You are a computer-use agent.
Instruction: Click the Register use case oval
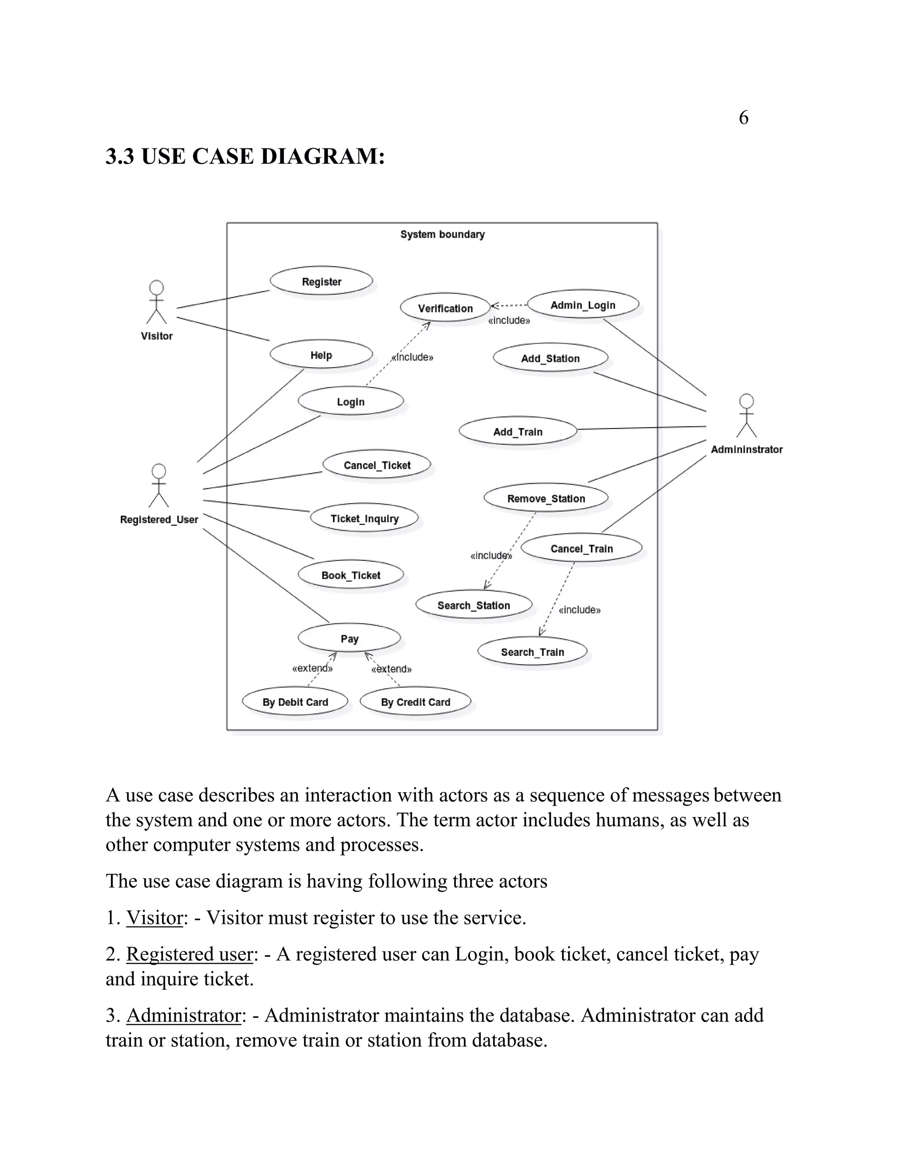point(321,281)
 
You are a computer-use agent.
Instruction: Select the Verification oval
point(445,308)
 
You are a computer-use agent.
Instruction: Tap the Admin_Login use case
point(583,304)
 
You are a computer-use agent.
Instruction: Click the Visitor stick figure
point(156,303)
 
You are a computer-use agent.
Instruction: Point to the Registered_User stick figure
point(159,486)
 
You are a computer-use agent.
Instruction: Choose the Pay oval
point(349,638)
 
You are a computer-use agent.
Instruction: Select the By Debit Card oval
point(295,702)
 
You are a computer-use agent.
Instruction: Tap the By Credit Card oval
point(415,702)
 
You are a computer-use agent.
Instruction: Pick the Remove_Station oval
point(546,498)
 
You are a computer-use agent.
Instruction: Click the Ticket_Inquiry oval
point(364,518)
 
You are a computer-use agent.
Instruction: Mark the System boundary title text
point(442,234)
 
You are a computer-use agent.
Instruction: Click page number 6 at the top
point(743,117)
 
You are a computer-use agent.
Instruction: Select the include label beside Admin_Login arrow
point(509,321)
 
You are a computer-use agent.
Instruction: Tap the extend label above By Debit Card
point(312,668)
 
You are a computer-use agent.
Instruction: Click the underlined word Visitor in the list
point(154,918)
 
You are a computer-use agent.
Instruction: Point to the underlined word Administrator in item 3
point(184,1016)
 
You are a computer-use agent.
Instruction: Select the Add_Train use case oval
point(518,432)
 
